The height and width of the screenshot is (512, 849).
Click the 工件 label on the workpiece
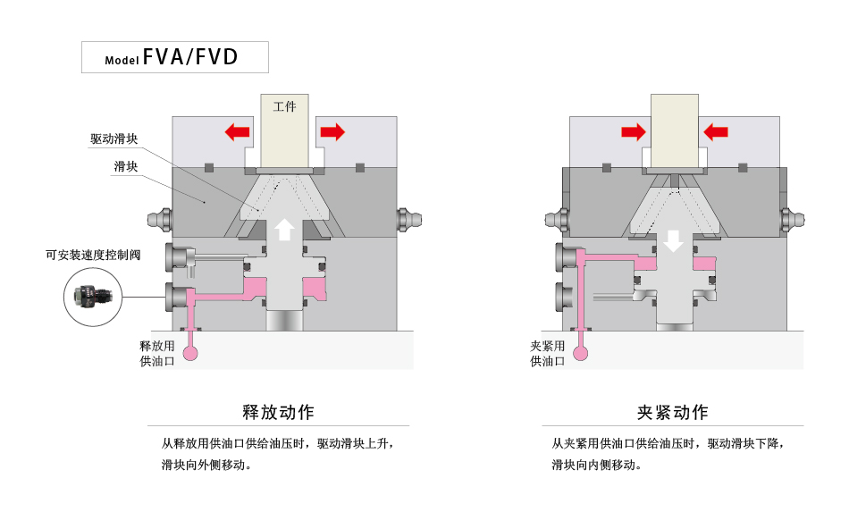click(x=284, y=106)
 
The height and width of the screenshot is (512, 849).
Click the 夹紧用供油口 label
click(x=548, y=354)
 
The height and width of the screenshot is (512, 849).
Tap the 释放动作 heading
click(x=279, y=412)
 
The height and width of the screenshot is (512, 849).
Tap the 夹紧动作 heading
click(x=672, y=412)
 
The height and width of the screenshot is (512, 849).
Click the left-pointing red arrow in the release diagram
click(x=237, y=132)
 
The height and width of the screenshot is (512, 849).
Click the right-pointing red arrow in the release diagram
click(x=332, y=132)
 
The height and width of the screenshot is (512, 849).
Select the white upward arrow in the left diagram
click(x=284, y=229)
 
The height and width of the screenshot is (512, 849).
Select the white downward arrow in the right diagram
click(x=674, y=240)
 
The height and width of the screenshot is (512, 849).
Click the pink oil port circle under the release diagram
click(x=192, y=353)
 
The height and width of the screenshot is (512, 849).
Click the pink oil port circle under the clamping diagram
click(x=582, y=353)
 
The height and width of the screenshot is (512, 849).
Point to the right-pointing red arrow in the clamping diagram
click(x=634, y=132)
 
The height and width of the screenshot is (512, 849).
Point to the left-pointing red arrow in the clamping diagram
click(x=716, y=132)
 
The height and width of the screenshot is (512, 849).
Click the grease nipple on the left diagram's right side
click(x=410, y=217)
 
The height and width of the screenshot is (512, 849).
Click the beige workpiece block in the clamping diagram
click(x=675, y=130)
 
